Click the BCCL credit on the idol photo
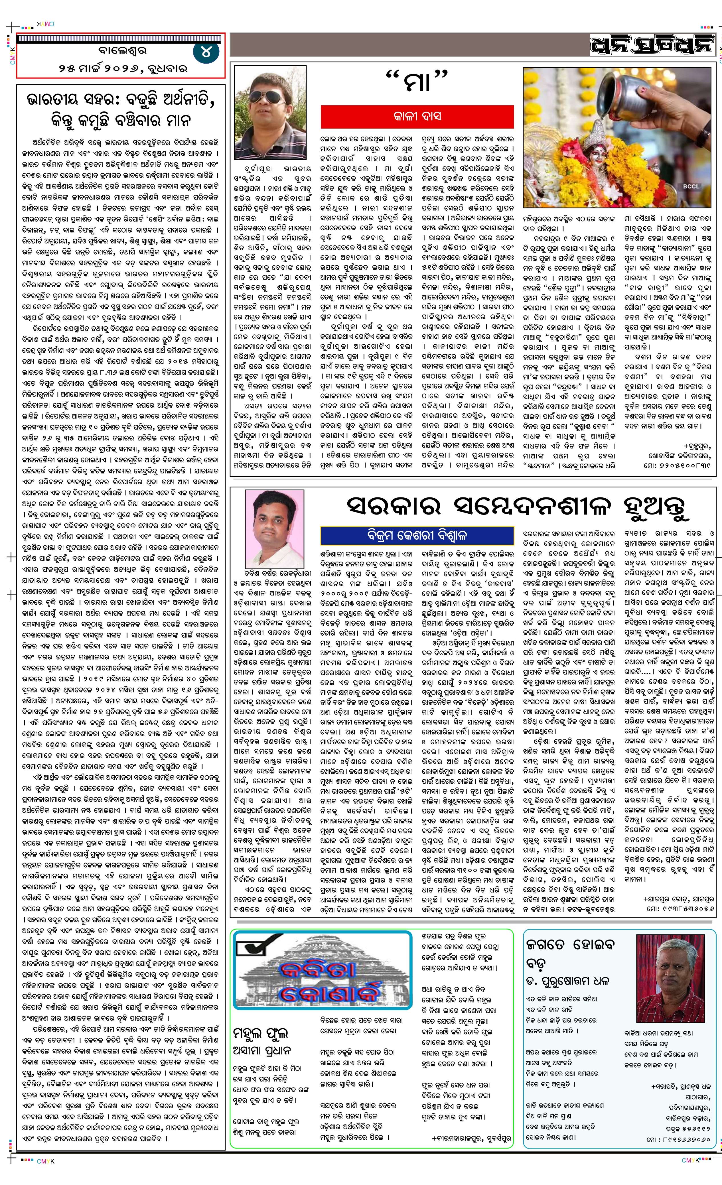click(x=690, y=186)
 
